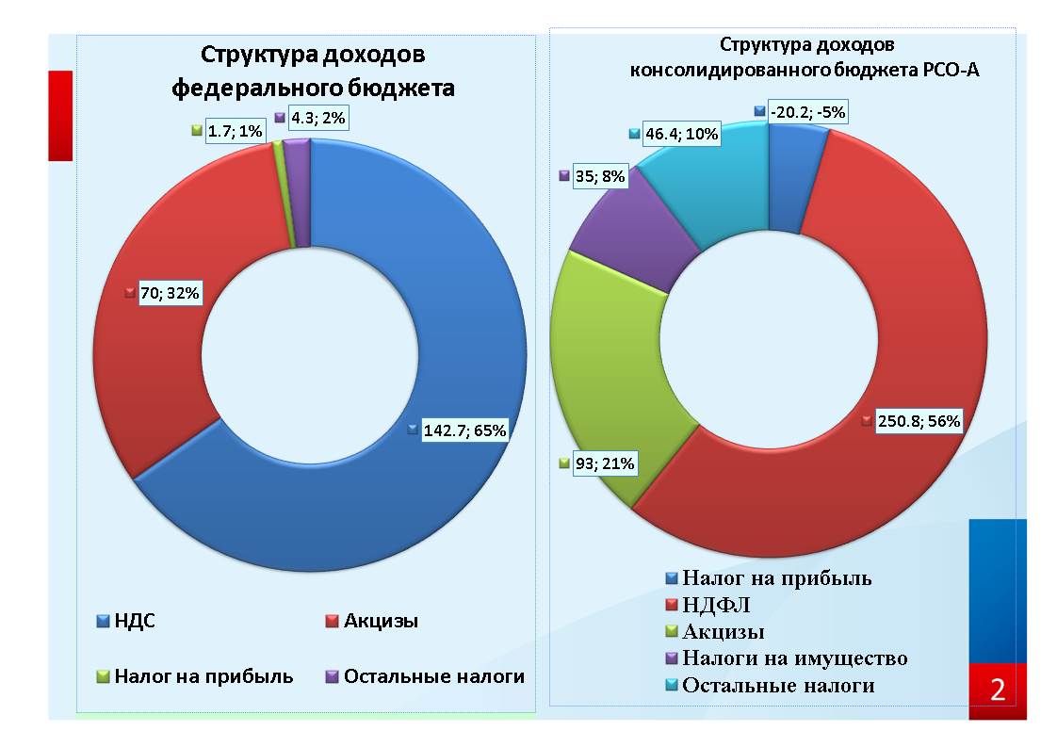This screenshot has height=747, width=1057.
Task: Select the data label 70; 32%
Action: [171, 293]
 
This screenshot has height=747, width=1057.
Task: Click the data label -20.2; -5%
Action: [807, 112]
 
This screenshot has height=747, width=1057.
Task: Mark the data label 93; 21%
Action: [606, 463]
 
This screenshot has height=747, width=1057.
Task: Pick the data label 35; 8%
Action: [599, 175]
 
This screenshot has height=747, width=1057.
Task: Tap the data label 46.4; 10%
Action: [680, 135]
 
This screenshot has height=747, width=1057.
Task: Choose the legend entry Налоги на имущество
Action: [794, 658]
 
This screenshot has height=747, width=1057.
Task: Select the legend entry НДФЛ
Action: [717, 604]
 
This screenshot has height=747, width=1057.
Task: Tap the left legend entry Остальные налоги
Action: [433, 676]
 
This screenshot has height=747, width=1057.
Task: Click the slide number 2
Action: [997, 690]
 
